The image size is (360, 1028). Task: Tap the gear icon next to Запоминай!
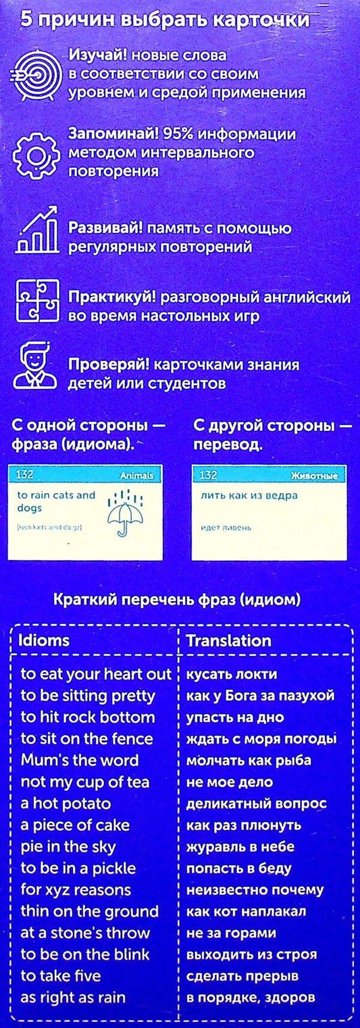36,153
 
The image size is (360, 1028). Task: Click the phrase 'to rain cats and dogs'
57,501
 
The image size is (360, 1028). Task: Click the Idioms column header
44,640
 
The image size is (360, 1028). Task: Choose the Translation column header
228,640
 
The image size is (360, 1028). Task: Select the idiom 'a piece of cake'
74,825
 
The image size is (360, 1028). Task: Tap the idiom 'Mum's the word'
79,761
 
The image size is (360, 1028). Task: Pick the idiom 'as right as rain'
72,998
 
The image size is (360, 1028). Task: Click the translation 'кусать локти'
231,674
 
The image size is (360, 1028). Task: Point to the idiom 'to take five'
60,976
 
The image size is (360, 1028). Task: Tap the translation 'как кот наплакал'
247,911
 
